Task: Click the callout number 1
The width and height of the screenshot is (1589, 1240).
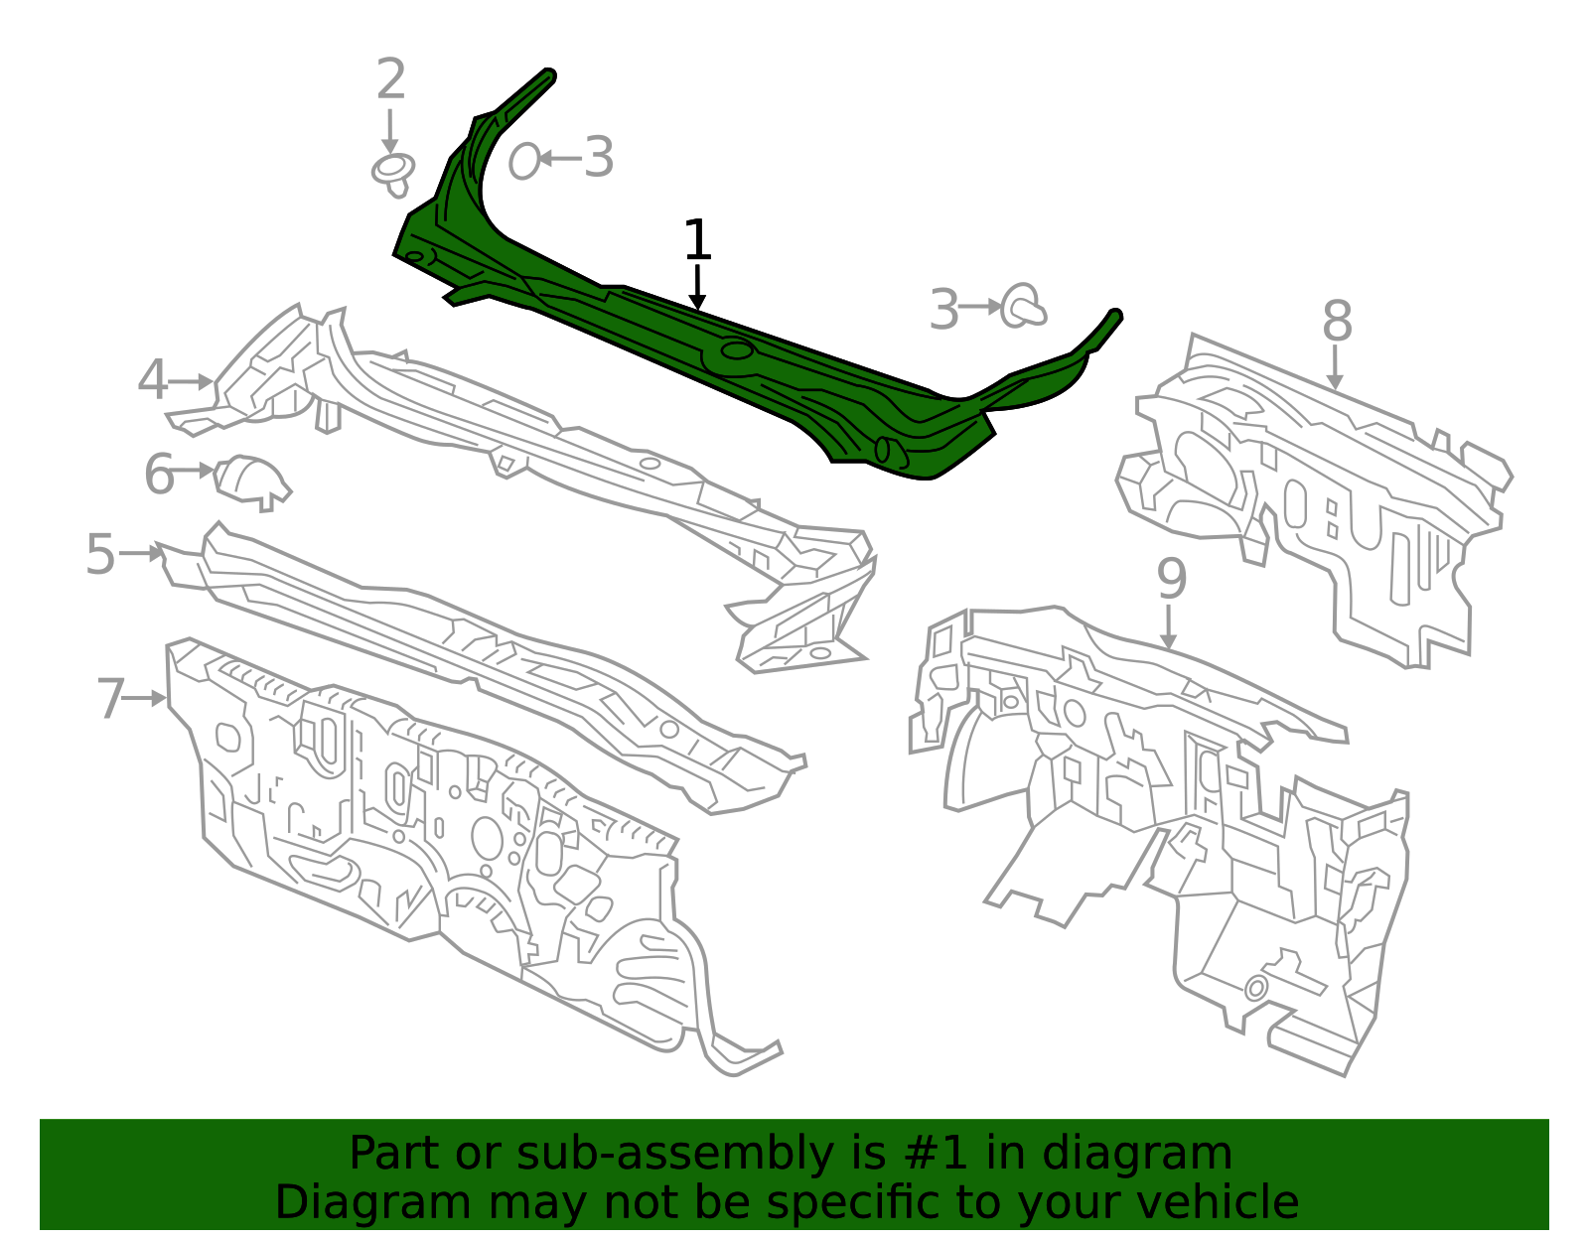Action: pos(698,240)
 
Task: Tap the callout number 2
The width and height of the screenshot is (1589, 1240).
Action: pos(391,79)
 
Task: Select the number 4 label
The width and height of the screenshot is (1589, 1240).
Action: pos(153,381)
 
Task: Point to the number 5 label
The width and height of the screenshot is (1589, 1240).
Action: pos(100,554)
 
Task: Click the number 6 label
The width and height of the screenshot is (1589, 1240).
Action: pos(159,474)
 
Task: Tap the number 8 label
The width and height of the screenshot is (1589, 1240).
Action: pos(1337,322)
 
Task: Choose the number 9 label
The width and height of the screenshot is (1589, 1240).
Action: pos(1172,579)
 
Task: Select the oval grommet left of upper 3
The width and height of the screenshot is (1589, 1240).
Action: pos(523,160)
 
